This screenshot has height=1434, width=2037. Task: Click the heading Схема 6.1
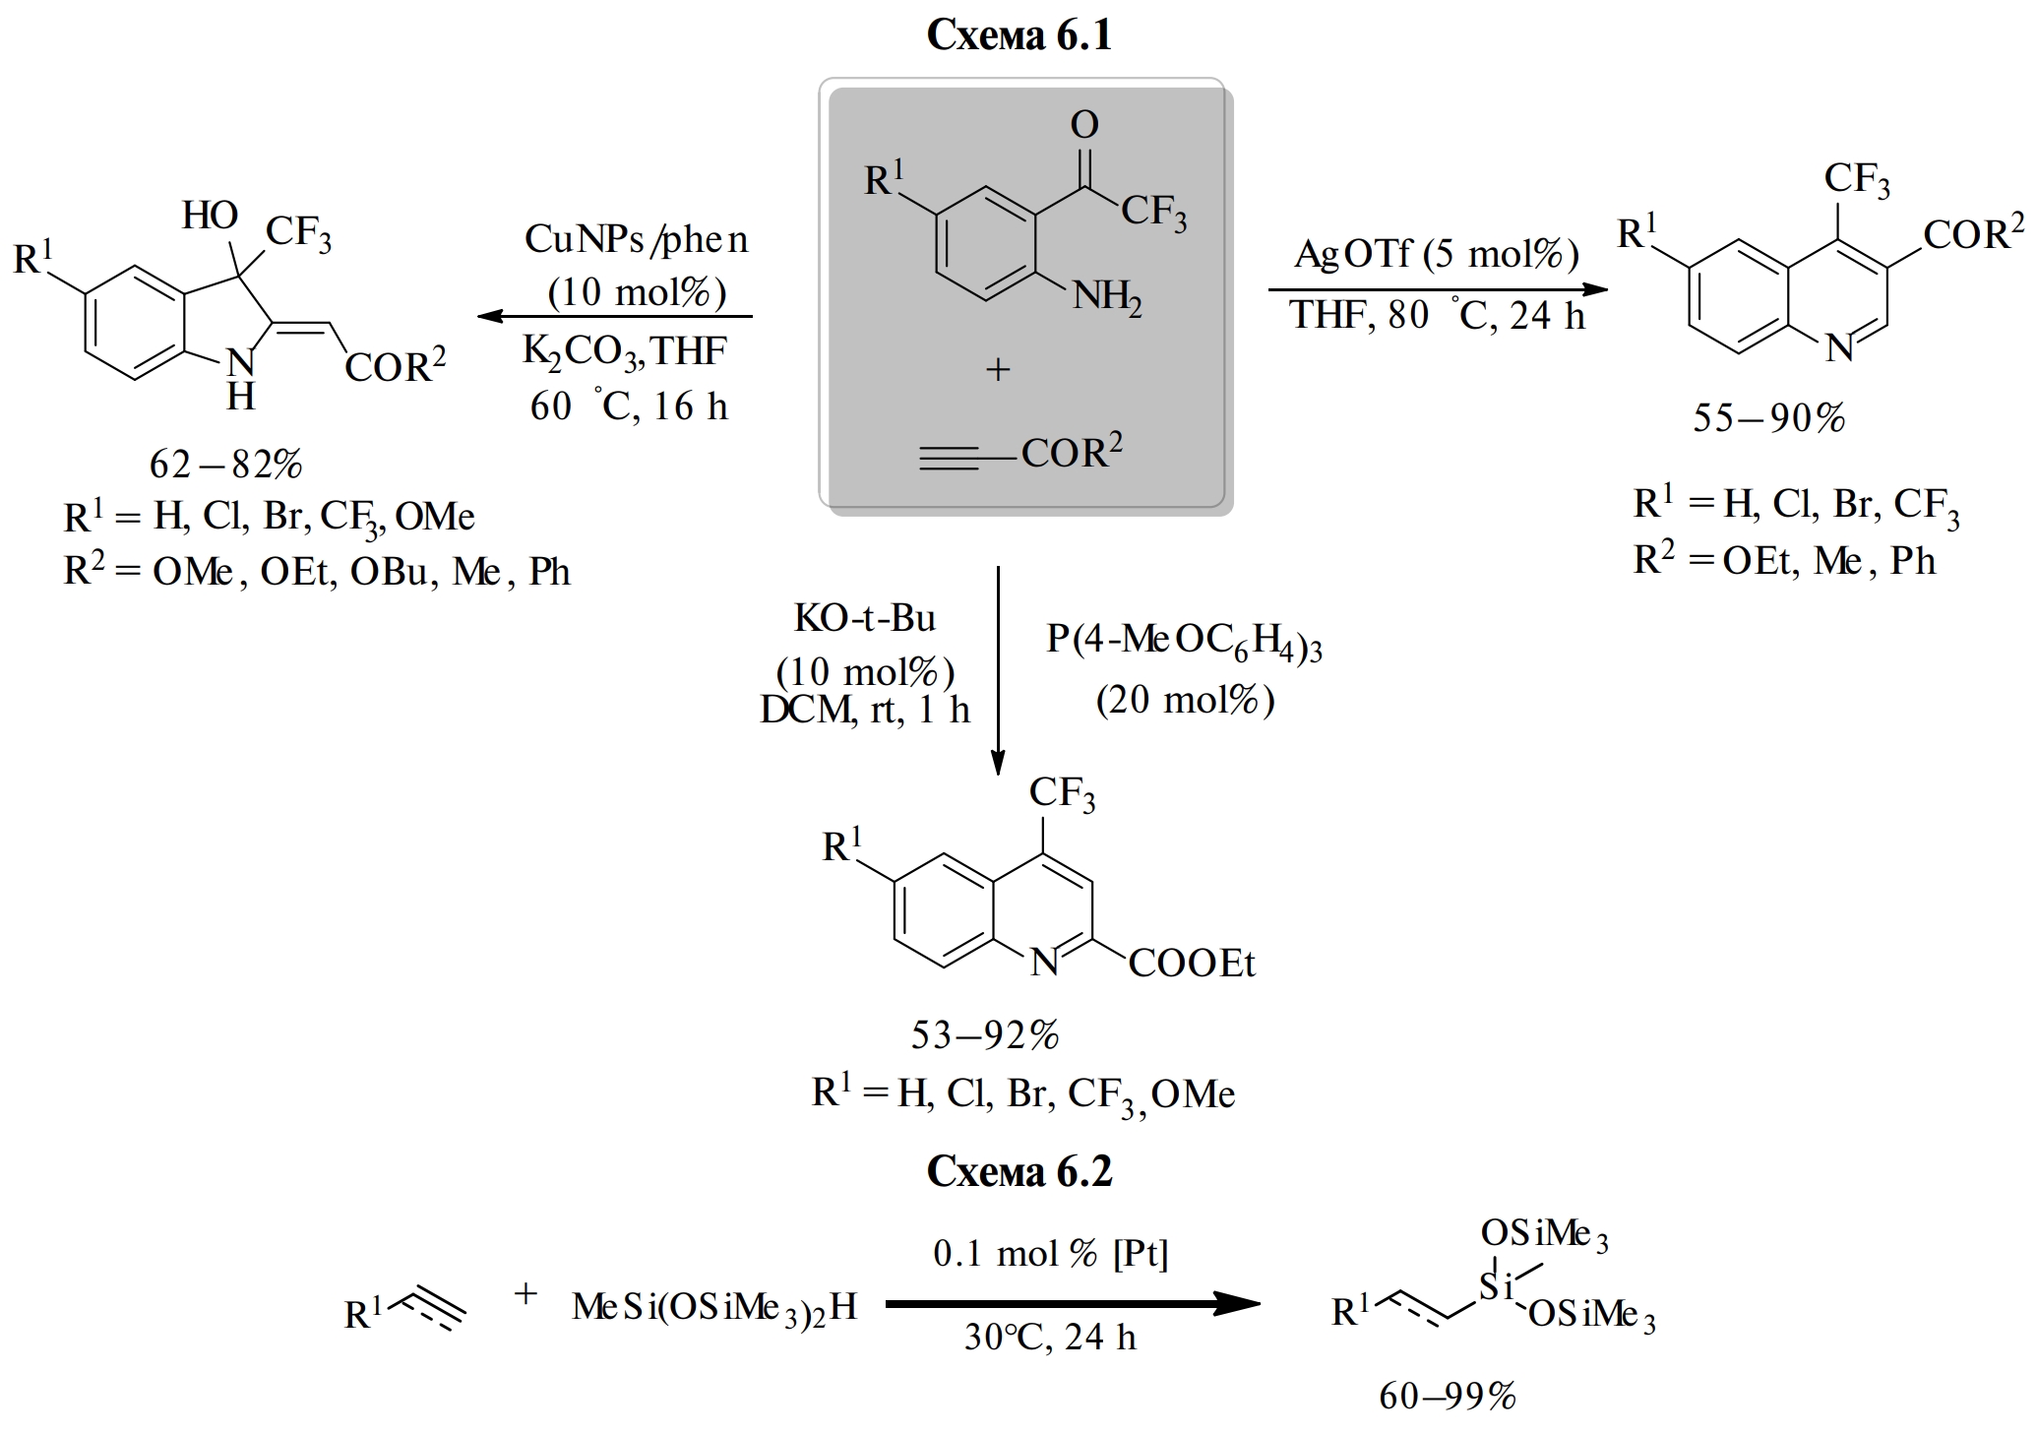[1018, 35]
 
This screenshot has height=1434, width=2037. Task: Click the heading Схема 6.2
[1018, 1171]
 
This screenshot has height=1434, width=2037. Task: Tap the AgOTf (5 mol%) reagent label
[1437, 254]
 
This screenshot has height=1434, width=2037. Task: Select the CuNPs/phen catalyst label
[636, 239]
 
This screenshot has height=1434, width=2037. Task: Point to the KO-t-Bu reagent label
[865, 618]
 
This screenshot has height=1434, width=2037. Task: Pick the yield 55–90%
[1768, 418]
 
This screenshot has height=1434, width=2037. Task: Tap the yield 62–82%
[225, 464]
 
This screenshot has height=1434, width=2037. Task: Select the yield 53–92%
[985, 1034]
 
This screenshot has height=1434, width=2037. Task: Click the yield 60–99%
[1448, 1396]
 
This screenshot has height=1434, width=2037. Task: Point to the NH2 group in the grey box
[1107, 294]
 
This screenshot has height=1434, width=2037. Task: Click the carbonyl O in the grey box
[1083, 125]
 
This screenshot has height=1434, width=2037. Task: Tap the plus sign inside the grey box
[998, 370]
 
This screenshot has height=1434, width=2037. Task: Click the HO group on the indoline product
[210, 215]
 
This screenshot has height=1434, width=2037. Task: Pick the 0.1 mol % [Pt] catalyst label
[1050, 1253]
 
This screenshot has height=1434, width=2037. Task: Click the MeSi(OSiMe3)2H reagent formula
[714, 1307]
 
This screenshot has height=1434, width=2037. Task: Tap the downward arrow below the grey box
[998, 669]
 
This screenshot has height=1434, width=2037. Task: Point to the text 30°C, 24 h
[1050, 1338]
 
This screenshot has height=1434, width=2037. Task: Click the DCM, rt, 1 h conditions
[865, 710]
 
